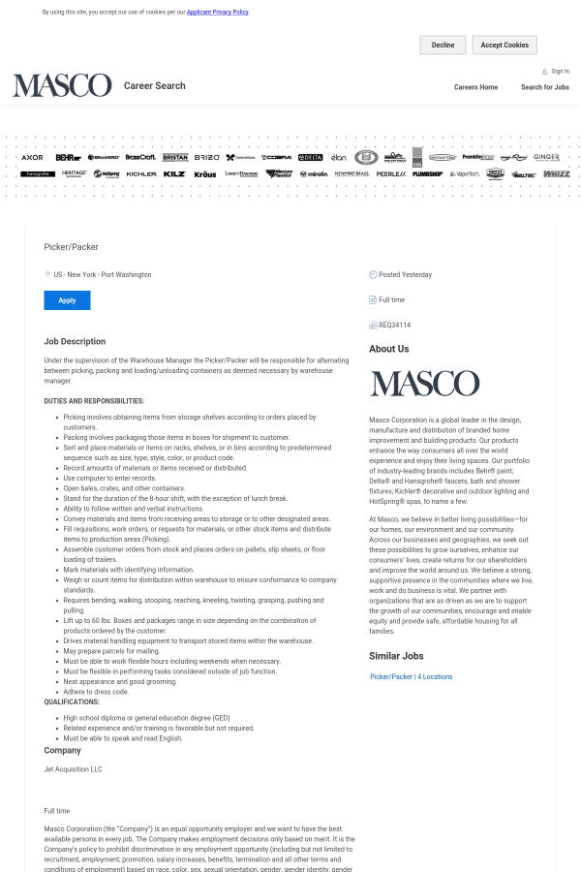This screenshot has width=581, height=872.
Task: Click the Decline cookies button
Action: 443,45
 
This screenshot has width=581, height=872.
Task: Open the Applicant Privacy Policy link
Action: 218,13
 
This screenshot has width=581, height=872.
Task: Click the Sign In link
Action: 560,71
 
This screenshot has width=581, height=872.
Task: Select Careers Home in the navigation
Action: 475,87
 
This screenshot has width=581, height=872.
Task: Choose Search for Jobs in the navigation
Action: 545,87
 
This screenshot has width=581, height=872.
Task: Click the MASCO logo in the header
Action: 62,85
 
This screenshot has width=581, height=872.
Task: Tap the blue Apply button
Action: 67,300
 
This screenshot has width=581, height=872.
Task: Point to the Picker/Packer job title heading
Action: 71,247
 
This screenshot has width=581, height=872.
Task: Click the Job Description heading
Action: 75,341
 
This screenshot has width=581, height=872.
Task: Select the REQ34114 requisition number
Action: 394,325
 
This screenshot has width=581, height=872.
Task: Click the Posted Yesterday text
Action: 405,274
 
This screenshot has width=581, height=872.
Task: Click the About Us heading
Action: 388,349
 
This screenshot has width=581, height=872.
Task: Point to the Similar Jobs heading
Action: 396,655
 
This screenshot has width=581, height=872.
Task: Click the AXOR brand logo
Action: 32,157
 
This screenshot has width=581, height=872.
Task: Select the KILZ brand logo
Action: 174,174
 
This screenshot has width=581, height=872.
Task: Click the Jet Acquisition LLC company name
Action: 73,769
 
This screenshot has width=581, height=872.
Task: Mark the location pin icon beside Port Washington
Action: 47,274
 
